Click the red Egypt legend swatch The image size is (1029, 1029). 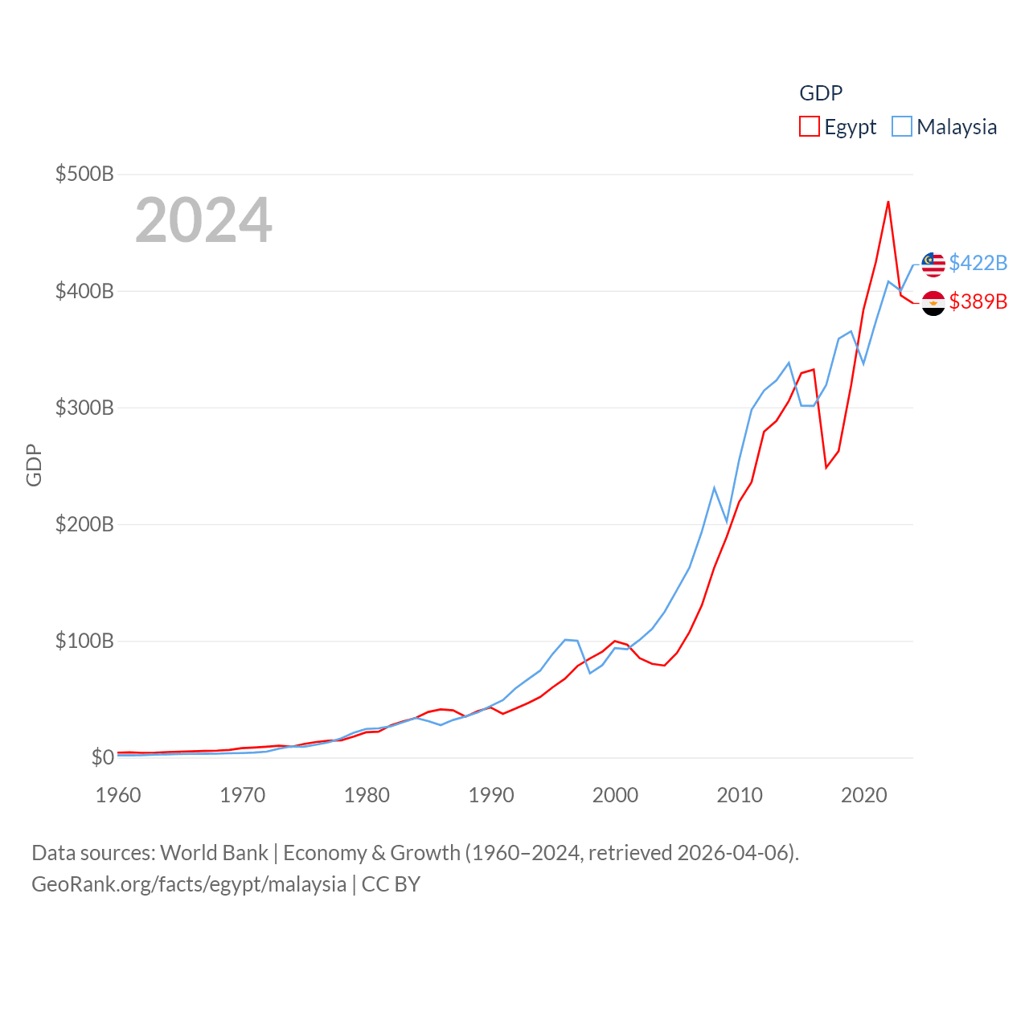[809, 127]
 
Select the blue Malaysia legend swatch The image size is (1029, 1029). [902, 127]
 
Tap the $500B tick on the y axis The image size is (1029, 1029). [84, 174]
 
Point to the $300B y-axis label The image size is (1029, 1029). [84, 408]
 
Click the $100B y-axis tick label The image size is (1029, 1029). [84, 641]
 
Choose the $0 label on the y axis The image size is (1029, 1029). [102, 757]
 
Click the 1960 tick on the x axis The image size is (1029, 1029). [118, 795]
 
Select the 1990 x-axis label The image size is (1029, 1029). [491, 795]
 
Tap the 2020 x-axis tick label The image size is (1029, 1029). [864, 795]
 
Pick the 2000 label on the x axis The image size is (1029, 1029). [615, 795]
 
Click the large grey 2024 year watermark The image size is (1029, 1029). [203, 220]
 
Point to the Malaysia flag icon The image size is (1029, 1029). [933, 264]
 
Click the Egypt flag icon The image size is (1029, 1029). [933, 303]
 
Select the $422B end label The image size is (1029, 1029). [978, 263]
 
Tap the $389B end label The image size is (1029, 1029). [978, 301]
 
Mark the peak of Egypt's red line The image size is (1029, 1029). [888, 202]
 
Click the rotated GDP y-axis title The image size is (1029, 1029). [34, 465]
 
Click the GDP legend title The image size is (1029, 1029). [821, 93]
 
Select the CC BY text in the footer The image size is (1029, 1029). [391, 884]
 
